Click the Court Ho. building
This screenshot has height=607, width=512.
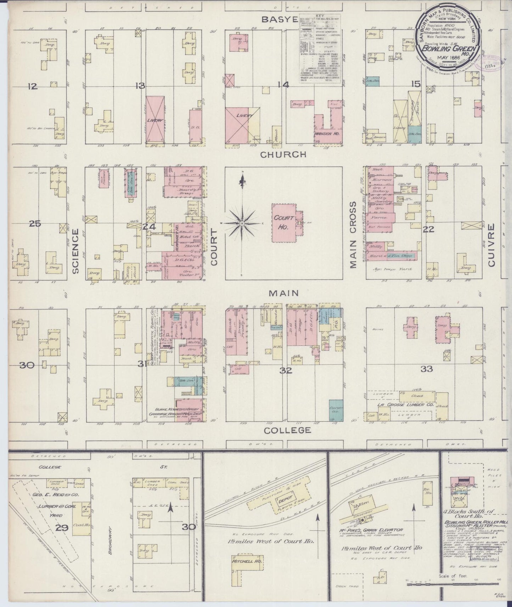[284, 223]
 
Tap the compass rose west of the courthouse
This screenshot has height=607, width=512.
[242, 223]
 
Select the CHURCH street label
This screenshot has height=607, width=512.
[283, 154]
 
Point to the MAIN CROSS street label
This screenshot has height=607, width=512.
[353, 235]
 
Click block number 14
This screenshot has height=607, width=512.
[284, 85]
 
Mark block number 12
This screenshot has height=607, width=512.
[33, 86]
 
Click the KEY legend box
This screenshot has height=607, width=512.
[320, 50]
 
